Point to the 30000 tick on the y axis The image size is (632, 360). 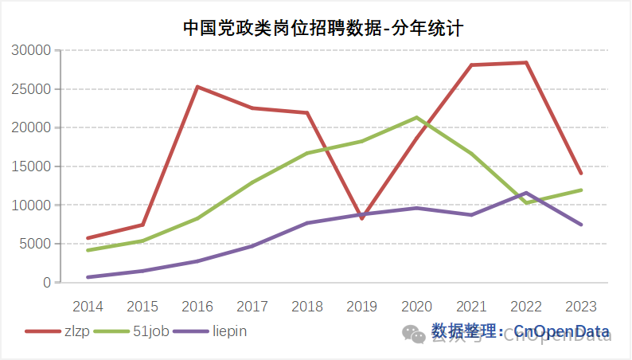coord(33,50)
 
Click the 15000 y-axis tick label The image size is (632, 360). coord(33,166)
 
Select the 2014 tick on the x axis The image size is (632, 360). coord(88,306)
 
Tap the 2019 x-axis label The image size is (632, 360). coord(362,306)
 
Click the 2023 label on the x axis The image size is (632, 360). coord(581,306)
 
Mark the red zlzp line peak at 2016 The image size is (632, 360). coord(197,87)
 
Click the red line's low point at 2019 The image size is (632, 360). coord(362,217)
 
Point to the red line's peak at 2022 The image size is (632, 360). coord(526,63)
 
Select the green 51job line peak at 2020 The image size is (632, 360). coord(417,118)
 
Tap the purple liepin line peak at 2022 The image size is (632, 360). coord(526,193)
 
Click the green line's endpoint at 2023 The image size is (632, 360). coord(581,190)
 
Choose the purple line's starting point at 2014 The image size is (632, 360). coord(88,277)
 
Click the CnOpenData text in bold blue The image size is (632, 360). coord(562,331)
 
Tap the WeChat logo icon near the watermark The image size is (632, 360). coord(413,334)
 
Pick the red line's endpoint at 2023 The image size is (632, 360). coord(581,173)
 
